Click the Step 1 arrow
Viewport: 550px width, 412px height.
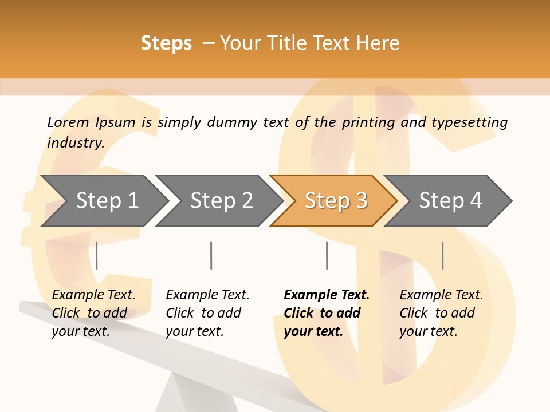click(x=107, y=201)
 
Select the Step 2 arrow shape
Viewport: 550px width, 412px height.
click(x=221, y=201)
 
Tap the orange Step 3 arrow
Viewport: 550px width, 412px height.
click(x=336, y=201)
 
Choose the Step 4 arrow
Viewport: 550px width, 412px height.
click(x=450, y=201)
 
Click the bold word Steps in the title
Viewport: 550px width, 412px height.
click(x=166, y=43)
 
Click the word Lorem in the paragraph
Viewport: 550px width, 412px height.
click(x=68, y=122)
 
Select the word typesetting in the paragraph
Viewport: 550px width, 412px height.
click(x=469, y=122)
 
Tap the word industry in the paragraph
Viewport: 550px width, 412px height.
click(x=76, y=142)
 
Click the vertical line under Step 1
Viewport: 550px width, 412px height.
click(x=97, y=255)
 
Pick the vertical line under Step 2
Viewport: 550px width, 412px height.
click(x=211, y=255)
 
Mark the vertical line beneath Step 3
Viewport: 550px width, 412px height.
click(x=327, y=255)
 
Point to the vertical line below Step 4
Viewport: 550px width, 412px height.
click(x=442, y=255)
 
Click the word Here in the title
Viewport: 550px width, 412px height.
click(x=378, y=43)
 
